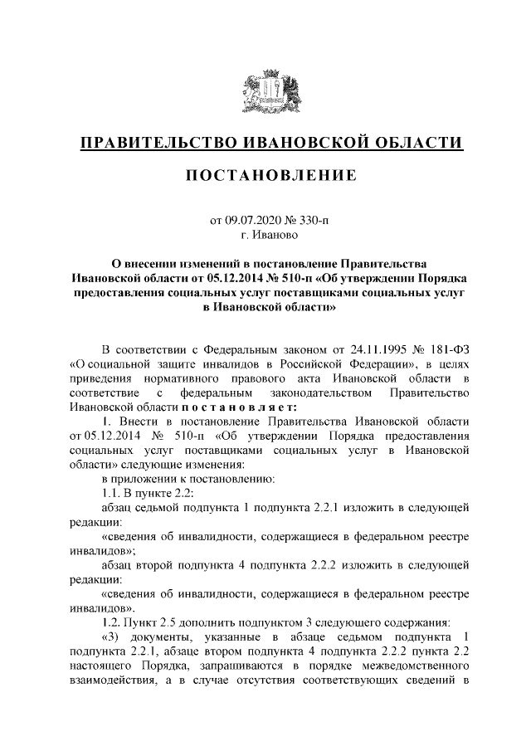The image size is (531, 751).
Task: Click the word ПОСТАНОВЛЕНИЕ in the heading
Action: coord(265,175)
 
